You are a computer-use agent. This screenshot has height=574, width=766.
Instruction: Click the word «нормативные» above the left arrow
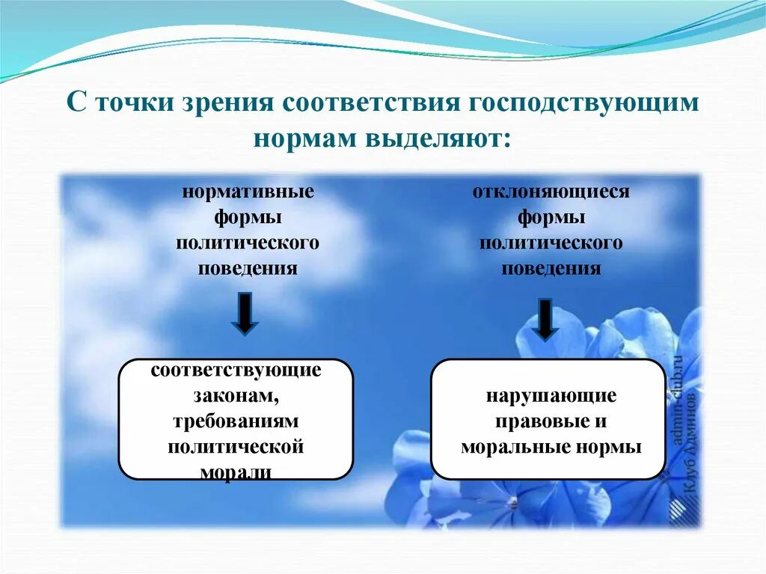click(248, 192)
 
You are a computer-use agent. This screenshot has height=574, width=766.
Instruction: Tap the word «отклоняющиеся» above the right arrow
click(551, 192)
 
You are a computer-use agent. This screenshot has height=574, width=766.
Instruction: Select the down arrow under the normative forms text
click(245, 314)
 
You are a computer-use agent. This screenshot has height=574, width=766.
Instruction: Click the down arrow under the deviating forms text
click(546, 319)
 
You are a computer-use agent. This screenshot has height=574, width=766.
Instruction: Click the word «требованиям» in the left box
click(236, 421)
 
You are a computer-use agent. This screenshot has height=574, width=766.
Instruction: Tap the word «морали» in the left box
click(236, 472)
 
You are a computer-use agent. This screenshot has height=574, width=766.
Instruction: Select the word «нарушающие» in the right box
click(551, 395)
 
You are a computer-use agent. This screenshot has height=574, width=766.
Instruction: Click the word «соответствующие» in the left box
click(236, 370)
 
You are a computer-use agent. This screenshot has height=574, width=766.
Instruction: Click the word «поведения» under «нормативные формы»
click(248, 269)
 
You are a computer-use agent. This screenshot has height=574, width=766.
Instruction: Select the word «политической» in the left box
click(236, 447)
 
